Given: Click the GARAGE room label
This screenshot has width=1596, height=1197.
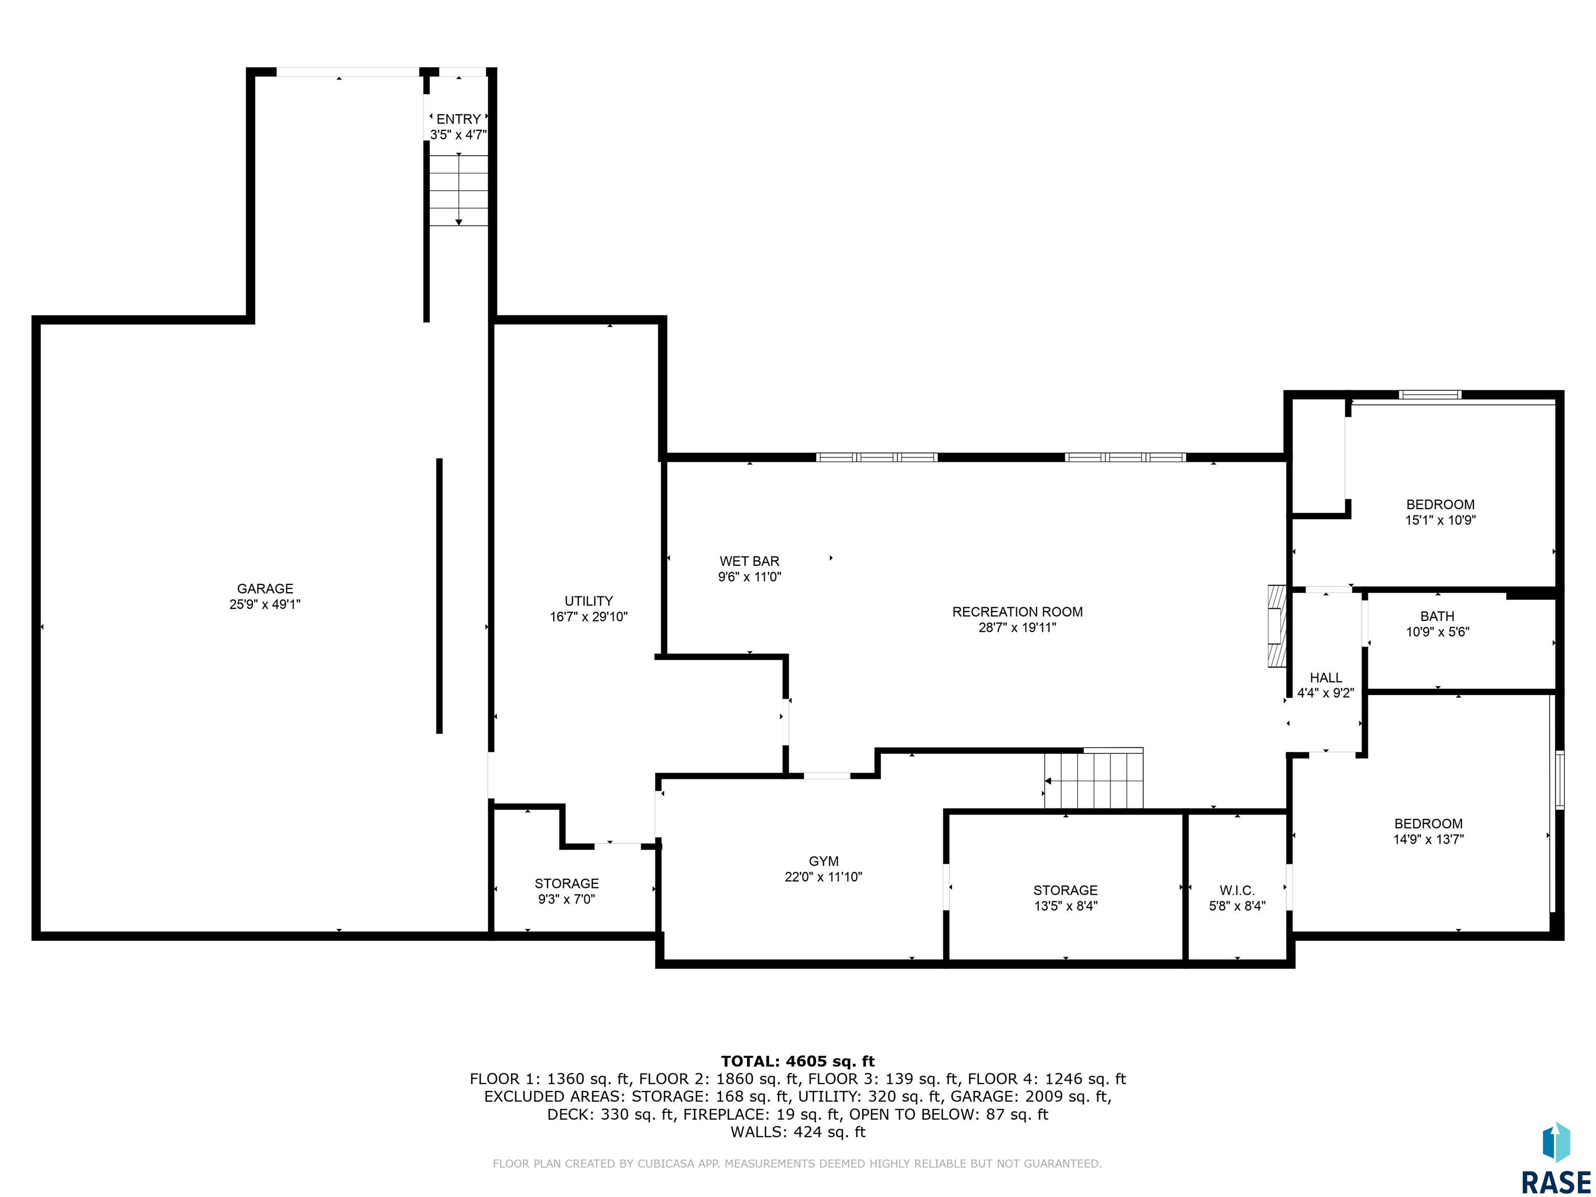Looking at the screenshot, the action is (x=265, y=589).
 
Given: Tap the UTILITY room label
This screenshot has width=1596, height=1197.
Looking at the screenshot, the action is (x=589, y=601).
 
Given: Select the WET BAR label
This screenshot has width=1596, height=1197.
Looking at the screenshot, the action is (x=749, y=561).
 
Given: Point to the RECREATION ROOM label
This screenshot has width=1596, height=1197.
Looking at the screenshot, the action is (x=1017, y=612).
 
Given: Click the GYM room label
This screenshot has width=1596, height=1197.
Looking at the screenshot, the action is (x=823, y=861).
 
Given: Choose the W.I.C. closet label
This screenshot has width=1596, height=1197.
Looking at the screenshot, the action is (x=1238, y=890).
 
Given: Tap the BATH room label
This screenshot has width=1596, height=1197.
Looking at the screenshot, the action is (x=1437, y=616).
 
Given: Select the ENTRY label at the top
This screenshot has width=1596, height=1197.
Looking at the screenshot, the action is (x=458, y=119).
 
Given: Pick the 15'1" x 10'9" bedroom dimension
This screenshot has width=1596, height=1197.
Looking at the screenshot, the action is (x=1440, y=520).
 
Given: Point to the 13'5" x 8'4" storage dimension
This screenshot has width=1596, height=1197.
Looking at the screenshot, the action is (x=1065, y=906).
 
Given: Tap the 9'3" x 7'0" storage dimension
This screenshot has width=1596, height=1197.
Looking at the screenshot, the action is (x=566, y=899).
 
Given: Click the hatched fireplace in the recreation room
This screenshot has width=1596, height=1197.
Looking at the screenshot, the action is (x=1277, y=626).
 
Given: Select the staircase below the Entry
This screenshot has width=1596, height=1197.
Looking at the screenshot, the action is (x=459, y=190).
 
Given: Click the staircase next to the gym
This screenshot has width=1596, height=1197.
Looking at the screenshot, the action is (x=1094, y=779).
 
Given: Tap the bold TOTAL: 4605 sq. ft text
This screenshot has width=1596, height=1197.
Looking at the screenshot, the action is (x=797, y=1061).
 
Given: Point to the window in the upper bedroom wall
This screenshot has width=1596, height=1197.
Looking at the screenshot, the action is (x=1430, y=395).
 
